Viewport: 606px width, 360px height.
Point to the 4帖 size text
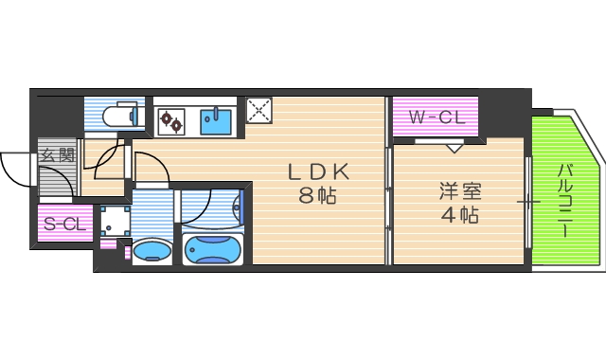[x=459, y=215]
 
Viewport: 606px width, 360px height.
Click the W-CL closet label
[x=436, y=117]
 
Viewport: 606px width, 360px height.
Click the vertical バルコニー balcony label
[x=564, y=200]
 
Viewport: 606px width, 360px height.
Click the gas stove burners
[x=173, y=120]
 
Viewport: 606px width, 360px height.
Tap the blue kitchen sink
[x=217, y=120]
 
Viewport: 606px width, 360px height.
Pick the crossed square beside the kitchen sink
[x=258, y=111]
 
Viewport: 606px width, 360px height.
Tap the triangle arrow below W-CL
[x=454, y=147]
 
